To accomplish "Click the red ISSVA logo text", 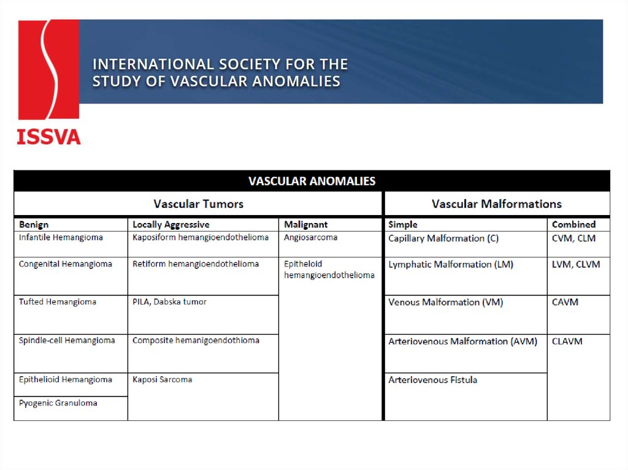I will point(48,136).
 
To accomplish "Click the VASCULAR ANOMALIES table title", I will point(312,181).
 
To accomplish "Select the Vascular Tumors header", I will point(198,204).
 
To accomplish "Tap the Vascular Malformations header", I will point(496,204).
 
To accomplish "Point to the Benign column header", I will point(34,224).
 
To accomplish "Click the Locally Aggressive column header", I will point(170,224).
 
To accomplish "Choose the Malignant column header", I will point(305,224).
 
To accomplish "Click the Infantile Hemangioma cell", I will point(61,238).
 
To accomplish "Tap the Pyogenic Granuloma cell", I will point(58,403).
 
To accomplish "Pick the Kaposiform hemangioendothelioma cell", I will point(201,238).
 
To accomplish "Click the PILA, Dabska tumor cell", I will point(169,302).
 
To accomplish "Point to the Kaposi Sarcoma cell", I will point(162,380).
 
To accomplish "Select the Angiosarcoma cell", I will point(310,238).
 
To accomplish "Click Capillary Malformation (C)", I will point(443,238).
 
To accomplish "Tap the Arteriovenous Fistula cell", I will point(432,380).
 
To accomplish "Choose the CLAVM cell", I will point(567,341).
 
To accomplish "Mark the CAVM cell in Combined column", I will point(565,302).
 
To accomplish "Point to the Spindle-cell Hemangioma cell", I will point(67,341).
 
